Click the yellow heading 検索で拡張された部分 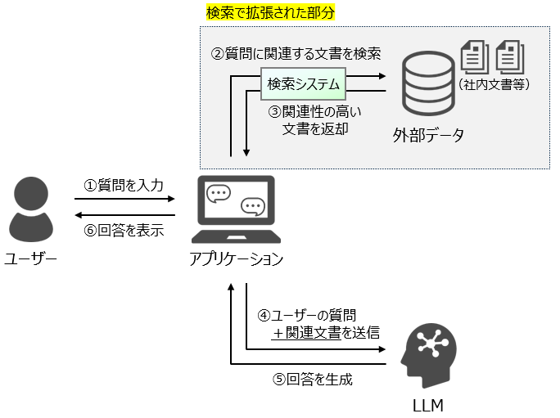(270, 14)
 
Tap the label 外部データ (428, 136)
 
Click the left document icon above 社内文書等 (475, 56)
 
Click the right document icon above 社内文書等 (509, 56)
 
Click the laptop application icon (237, 210)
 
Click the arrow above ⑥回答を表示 (124, 214)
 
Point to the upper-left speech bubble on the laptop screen (219, 195)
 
